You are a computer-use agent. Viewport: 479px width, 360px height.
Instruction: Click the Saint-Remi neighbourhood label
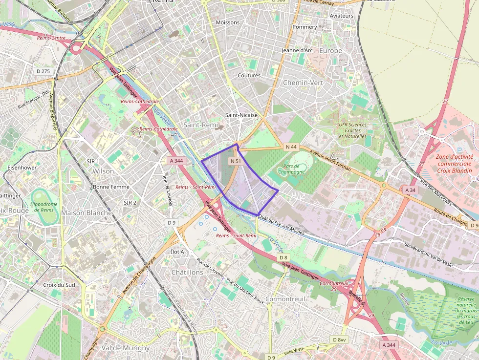tap(200, 125)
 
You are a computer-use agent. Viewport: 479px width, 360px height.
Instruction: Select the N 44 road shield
tap(291, 147)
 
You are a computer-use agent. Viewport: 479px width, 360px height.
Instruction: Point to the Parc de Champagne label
tap(291, 169)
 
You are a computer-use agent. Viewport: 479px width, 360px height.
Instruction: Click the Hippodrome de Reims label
tap(44, 206)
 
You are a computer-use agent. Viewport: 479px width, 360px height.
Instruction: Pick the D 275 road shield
tap(44, 71)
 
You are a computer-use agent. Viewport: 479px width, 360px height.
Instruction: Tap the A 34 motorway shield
tap(410, 190)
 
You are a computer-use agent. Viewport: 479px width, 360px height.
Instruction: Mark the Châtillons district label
tap(187, 272)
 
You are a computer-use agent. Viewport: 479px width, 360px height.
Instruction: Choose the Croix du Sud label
tap(59, 285)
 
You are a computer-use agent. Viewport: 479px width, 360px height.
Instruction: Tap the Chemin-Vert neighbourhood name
tap(303, 83)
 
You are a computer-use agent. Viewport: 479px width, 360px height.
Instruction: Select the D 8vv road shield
tap(339, 339)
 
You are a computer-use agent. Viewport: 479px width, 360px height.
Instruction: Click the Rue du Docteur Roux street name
tap(245, 291)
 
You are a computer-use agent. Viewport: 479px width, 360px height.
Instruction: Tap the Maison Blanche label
tap(87, 213)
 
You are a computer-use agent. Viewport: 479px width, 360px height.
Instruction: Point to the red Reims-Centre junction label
tap(51, 38)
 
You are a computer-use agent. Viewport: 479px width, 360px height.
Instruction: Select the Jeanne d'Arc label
tap(297, 50)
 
